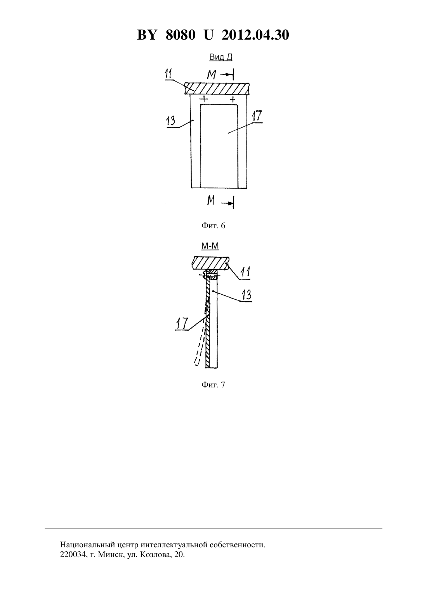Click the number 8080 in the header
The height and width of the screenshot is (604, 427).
[180, 35]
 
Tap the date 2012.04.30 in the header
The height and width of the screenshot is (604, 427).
[255, 35]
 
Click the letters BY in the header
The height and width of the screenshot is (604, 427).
[147, 35]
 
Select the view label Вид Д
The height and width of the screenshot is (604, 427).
[221, 57]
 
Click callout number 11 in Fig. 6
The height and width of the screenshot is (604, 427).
[169, 74]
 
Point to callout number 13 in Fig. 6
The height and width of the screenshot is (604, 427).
[171, 121]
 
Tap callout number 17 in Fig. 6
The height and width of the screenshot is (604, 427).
[257, 116]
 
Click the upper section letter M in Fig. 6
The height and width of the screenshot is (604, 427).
[211, 75]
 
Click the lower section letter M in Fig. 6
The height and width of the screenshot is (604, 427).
[211, 200]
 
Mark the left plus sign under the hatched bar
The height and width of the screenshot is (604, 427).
[205, 99]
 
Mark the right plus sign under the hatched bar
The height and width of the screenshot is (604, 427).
[232, 100]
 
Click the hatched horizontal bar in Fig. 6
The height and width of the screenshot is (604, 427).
[217, 88]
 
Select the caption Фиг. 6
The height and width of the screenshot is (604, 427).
[213, 226]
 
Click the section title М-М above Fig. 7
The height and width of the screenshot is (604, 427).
[210, 246]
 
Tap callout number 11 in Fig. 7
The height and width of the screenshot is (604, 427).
[245, 272]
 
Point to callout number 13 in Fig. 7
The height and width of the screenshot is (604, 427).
[246, 295]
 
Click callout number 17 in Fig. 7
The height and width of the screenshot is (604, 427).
[182, 323]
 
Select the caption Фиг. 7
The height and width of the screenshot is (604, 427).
[213, 385]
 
